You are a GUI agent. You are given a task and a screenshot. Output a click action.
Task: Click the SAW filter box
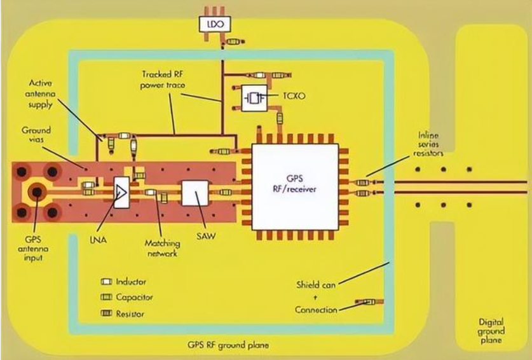(x=194, y=193)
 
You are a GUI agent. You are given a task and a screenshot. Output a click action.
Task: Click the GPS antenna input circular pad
(x=37, y=191)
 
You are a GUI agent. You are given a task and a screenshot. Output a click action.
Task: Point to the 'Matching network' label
(x=163, y=248)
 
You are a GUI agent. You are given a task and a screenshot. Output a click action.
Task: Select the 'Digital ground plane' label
(x=491, y=331)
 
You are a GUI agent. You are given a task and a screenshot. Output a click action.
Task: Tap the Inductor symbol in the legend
(x=107, y=280)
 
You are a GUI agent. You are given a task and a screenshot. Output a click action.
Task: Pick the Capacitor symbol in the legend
(x=107, y=297)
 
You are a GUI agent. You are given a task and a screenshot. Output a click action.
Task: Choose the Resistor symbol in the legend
(x=107, y=314)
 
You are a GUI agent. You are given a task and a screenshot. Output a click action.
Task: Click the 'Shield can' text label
(x=317, y=284)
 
